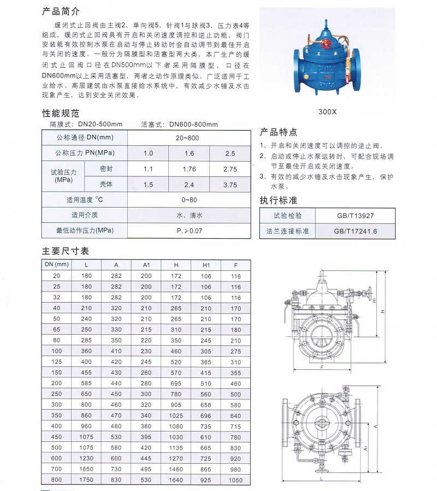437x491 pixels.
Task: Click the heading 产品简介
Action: pos(61,11)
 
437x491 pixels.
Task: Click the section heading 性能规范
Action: pos(61,114)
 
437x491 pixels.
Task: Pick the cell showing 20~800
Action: pos(187,138)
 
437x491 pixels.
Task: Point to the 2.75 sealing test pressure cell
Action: pos(231,169)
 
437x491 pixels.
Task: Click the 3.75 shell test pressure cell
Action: pos(231,185)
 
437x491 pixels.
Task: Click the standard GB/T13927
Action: pos(355,216)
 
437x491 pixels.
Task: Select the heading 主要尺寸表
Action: pos(65,251)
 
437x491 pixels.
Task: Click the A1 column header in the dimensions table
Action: pos(146,265)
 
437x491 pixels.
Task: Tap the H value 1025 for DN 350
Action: pos(176,415)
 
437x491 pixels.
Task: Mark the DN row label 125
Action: pos(57,362)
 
